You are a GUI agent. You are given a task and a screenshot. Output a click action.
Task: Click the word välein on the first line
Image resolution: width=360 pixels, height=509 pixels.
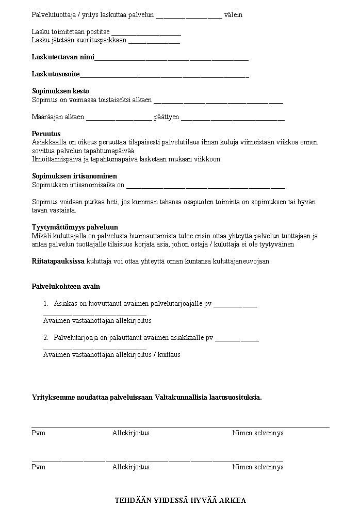point(233,15)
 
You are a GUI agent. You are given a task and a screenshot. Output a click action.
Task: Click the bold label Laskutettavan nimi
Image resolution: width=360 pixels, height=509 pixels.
point(63,57)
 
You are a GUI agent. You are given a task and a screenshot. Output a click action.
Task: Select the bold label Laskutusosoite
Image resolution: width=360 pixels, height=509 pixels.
point(56,74)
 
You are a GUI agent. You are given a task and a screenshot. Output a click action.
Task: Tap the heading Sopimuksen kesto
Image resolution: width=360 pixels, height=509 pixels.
point(60,91)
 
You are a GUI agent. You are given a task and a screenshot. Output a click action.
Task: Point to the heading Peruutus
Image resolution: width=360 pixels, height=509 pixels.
point(46,134)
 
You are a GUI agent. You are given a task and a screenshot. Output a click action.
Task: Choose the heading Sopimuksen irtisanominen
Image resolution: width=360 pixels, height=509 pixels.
point(74,176)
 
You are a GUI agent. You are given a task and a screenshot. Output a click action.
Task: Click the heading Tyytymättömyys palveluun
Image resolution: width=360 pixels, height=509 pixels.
point(75,227)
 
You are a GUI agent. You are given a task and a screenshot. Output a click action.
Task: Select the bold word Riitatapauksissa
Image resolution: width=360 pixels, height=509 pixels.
point(58,261)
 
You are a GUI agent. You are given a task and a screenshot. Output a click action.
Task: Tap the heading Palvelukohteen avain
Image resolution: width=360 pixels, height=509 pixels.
point(66,287)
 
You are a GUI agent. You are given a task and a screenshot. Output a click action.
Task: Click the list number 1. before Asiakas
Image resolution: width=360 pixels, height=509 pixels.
point(46,304)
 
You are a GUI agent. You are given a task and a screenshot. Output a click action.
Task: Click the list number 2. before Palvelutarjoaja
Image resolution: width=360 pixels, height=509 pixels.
point(46,338)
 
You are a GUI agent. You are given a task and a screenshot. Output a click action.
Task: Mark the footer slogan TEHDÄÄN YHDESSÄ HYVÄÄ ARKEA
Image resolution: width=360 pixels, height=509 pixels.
point(180,500)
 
